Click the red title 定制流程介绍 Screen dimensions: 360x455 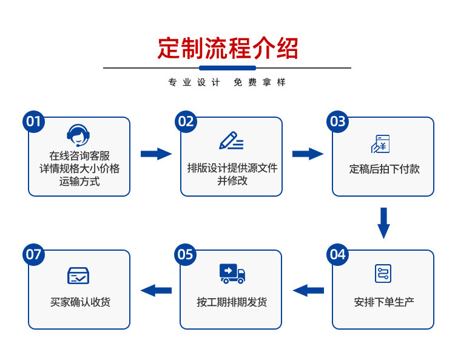point(227,48)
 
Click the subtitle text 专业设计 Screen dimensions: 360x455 point(194,83)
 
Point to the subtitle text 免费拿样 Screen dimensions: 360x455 point(259,83)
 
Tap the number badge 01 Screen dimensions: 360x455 point(34,122)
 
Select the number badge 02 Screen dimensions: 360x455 point(186,122)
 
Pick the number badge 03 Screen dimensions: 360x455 point(337,122)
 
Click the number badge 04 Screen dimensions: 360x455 point(337,254)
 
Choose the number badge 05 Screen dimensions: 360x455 point(186,254)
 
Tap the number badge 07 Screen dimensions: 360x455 point(34,254)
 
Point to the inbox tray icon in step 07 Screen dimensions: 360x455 point(79,275)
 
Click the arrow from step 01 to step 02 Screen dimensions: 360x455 point(156,154)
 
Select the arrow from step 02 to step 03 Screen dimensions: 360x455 point(308,154)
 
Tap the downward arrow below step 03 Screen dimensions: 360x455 point(383,223)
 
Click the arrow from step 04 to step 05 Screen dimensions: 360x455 point(308,290)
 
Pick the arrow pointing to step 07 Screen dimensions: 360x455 point(156,290)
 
